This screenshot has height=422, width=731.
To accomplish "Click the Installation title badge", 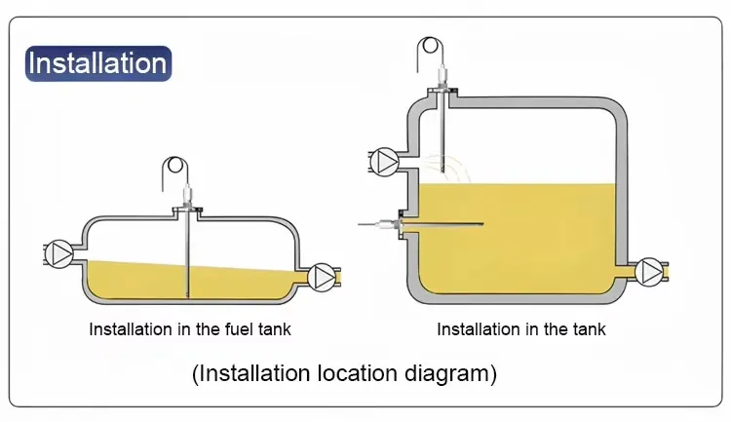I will point(97,63).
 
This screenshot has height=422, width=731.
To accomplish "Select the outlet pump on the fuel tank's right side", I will point(323,278).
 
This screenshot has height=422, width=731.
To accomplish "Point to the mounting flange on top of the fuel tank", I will point(186,210).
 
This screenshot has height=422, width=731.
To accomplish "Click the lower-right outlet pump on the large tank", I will point(650,272).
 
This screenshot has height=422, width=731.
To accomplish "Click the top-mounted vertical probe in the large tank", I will point(442,136).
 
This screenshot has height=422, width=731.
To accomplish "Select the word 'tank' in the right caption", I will point(587,329).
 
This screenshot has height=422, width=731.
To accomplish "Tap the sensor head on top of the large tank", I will point(442,78).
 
